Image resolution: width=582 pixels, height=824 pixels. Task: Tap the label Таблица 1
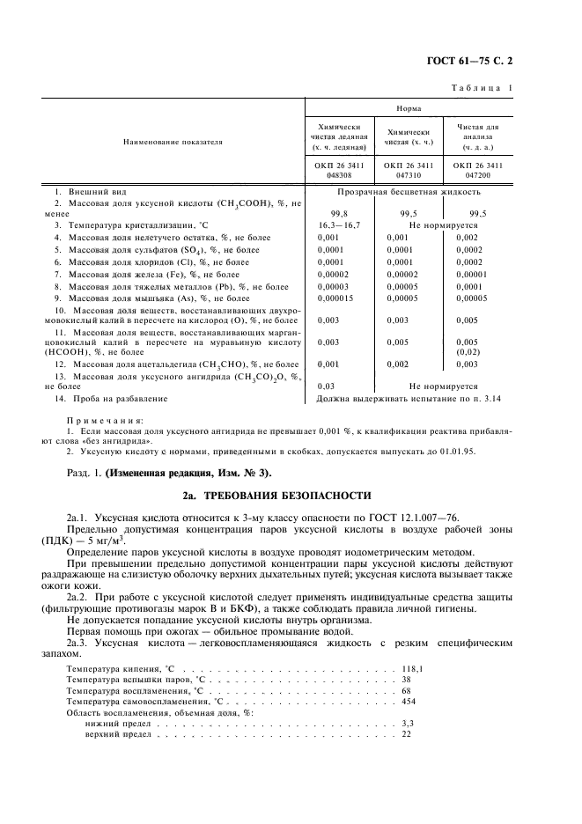482,88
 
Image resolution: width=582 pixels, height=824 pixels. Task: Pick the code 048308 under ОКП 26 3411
338,175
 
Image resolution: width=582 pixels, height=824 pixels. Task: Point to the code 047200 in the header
477,175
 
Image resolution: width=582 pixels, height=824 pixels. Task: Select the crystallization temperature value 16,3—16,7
337,225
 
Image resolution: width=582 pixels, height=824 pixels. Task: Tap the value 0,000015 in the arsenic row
336,299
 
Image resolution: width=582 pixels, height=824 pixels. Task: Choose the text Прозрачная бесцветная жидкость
408,191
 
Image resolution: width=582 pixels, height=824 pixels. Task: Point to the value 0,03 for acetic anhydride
326,386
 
